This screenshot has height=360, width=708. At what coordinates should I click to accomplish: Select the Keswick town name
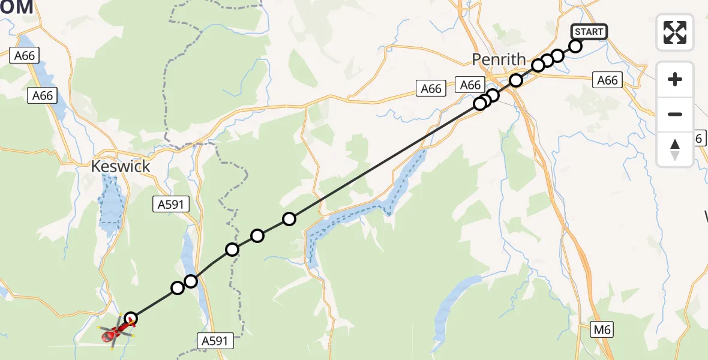point(121,166)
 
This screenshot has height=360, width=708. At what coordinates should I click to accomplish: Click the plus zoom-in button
point(675,79)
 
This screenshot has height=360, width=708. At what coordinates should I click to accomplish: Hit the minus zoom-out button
point(675,114)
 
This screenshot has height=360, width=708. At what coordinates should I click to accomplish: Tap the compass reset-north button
point(675,149)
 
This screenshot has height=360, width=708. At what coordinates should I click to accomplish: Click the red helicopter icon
point(113,333)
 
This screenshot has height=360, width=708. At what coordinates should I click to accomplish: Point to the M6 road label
point(601,329)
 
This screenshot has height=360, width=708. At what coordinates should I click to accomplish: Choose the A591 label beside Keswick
point(171,205)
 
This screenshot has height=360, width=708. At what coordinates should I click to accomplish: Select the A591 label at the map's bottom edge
point(214,341)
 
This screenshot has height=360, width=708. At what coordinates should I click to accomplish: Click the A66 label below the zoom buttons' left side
point(607,80)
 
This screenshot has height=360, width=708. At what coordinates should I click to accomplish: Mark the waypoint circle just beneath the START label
point(575,46)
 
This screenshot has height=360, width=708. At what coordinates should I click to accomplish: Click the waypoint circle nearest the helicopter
point(130,319)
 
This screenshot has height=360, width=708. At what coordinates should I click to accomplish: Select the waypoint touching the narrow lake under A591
point(191,281)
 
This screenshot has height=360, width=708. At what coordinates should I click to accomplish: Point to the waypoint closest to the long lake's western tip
point(289,219)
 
